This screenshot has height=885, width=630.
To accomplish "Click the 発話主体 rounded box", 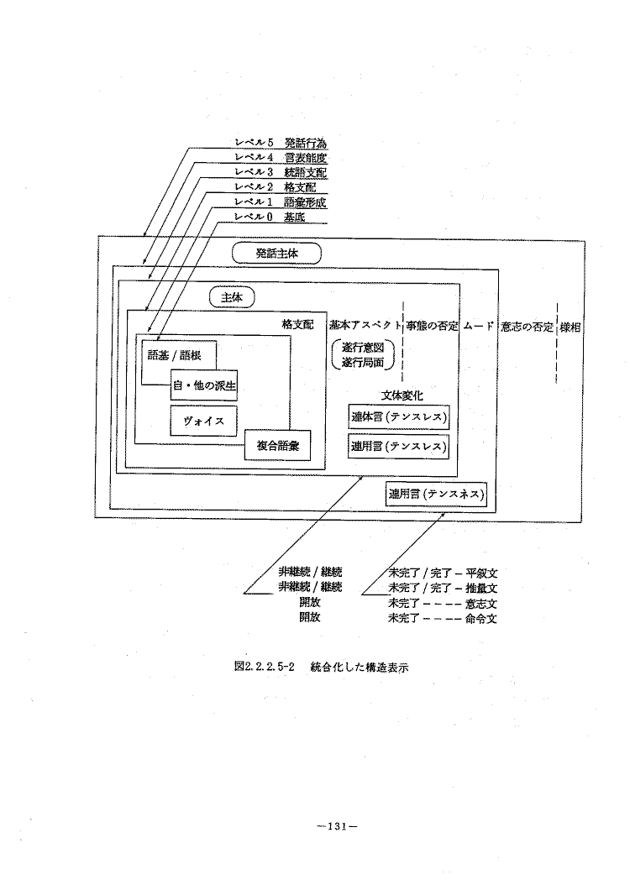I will [x=276, y=254].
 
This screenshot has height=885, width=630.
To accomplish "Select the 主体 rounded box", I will [x=232, y=297].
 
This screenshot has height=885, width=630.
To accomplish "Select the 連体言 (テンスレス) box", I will [x=399, y=417].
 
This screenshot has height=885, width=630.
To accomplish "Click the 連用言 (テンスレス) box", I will [x=399, y=446].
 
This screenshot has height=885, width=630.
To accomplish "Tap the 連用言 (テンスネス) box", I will [x=437, y=495].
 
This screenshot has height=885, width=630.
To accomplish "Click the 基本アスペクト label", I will [x=365, y=326].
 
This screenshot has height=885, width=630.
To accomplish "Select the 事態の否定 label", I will [x=432, y=326].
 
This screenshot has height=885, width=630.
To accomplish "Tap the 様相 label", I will [x=570, y=327].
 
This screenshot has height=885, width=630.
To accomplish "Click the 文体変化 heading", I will [x=400, y=396].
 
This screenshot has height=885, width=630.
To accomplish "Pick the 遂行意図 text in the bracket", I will [x=363, y=348].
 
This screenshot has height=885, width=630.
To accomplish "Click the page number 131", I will [x=338, y=827].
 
